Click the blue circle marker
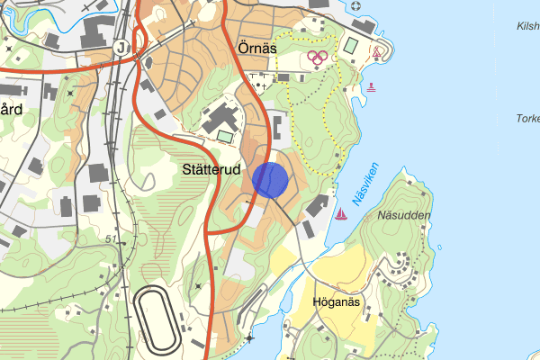pos(270,180)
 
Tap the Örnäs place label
pos(256,47)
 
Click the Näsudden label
pos(404,216)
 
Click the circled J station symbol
pos(121,48)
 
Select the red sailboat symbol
pos(341,214)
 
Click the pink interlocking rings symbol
pos(317,57)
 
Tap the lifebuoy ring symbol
pos(355,6)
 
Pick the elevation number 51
pos(112,238)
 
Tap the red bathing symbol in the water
pos(371,86)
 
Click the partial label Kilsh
pos(526,27)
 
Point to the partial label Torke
pos(526,118)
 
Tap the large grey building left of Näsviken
pos(317,206)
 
